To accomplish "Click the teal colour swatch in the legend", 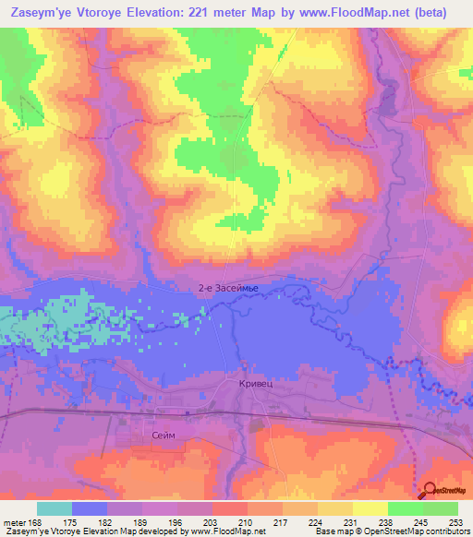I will pos(55,508).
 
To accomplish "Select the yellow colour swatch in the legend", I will pos(370,508).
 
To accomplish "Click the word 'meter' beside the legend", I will pos(13,521).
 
